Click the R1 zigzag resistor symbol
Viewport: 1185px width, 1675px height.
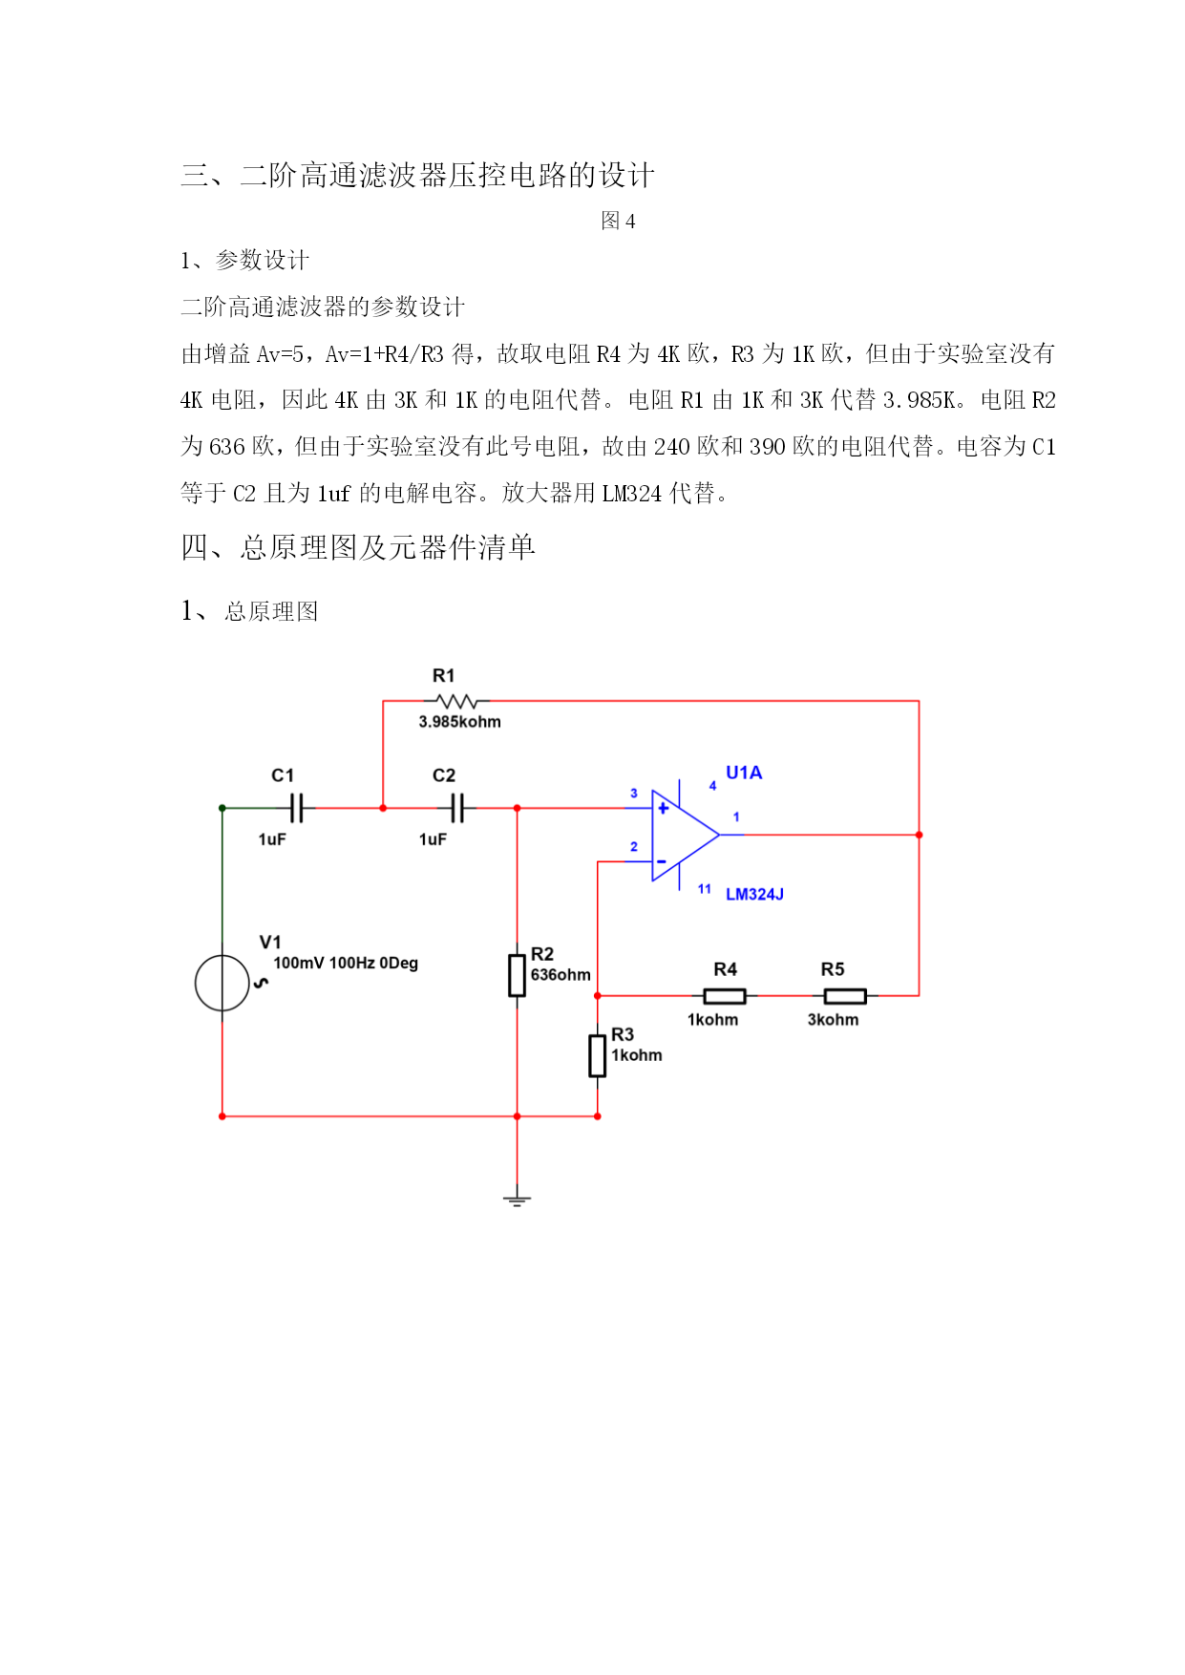pos(456,701)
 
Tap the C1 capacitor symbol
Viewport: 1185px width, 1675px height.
pos(296,808)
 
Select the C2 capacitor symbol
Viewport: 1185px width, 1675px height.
pos(457,808)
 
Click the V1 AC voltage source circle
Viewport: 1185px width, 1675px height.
pos(222,983)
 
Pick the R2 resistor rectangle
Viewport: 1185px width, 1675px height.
pos(517,974)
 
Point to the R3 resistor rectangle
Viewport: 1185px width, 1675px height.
pos(597,1054)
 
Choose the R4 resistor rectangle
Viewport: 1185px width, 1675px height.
pos(725,996)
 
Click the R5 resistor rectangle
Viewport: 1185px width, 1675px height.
pos(845,996)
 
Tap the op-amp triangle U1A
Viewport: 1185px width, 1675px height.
pos(685,835)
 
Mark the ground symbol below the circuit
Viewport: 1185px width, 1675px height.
pos(517,1200)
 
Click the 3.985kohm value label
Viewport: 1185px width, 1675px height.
pos(459,722)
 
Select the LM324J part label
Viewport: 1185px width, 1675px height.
pos(754,894)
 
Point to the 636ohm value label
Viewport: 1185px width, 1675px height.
pos(561,975)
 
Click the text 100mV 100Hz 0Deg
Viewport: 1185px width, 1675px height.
pos(346,963)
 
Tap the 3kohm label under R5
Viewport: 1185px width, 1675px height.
pos(833,1020)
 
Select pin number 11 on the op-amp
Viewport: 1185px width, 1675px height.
pos(704,889)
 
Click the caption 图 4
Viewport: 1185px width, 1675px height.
pos(618,221)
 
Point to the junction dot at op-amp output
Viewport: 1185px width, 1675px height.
pos(919,835)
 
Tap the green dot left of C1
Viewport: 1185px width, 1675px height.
pos(222,808)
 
